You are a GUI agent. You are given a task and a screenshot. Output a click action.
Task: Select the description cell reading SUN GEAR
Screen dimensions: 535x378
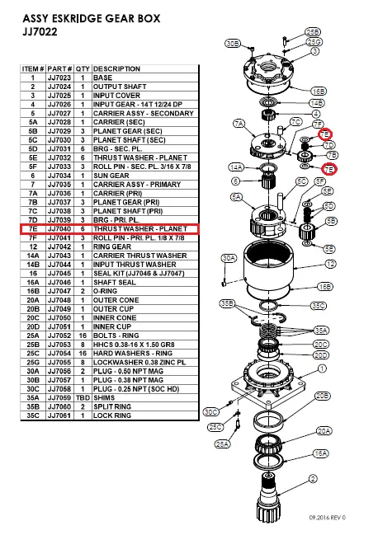coord(112,175)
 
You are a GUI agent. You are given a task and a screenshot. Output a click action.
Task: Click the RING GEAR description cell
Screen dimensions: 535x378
coord(114,245)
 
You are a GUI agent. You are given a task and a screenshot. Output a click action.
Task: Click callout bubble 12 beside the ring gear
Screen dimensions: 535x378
coord(329,265)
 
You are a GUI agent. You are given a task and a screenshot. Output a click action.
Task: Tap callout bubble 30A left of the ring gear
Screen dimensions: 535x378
coord(230,258)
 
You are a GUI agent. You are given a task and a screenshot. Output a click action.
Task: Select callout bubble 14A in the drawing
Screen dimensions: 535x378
coord(235,167)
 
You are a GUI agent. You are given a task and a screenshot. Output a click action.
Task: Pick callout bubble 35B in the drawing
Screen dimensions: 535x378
coord(228,304)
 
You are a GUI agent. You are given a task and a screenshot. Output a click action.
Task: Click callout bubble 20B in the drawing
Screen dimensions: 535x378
coord(323,396)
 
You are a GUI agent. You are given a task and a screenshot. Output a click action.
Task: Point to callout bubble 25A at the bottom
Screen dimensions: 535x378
coord(222,443)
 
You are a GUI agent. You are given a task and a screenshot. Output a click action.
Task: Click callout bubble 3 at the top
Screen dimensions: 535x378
coord(314,50)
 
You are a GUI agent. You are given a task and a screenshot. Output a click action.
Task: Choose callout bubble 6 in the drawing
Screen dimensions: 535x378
coord(235,180)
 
